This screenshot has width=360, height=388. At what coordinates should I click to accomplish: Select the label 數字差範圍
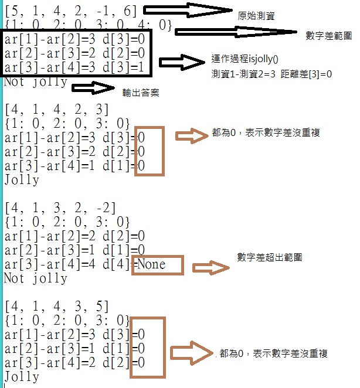(328, 36)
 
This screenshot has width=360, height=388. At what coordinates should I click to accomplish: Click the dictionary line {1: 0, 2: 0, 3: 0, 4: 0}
(88, 25)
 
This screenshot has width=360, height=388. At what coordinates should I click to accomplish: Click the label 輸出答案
(140, 93)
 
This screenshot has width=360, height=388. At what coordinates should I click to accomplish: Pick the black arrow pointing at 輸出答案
(93, 88)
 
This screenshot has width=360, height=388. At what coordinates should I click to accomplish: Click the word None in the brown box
(151, 264)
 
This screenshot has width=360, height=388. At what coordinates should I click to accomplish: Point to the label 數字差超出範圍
(269, 257)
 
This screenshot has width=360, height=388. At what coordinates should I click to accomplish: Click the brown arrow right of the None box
(210, 268)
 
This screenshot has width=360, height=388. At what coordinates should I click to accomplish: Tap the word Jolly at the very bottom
(22, 377)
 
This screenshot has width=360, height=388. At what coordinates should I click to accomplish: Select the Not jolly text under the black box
(35, 82)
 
